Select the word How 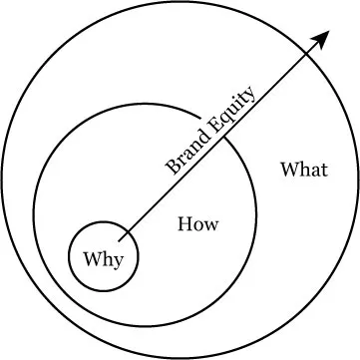point(197,223)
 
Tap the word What point(303,169)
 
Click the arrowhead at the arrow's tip point(323,37)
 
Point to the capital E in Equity point(214,125)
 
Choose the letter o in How point(198,224)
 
